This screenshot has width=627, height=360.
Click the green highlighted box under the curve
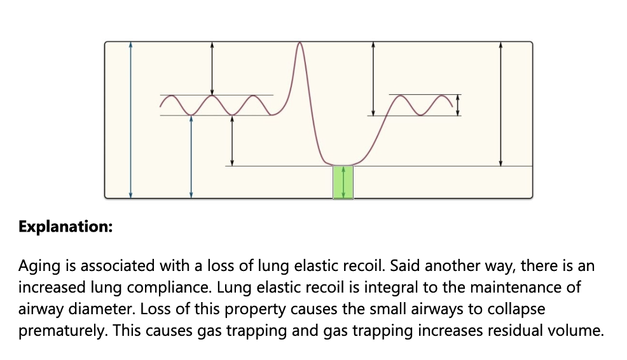pyautogui.click(x=343, y=182)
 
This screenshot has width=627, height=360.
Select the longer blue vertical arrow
pyautogui.click(x=130, y=119)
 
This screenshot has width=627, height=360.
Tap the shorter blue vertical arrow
pyautogui.click(x=191, y=156)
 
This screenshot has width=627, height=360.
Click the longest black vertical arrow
pyautogui.click(x=501, y=104)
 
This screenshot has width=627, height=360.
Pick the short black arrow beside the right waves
pyautogui.click(x=458, y=106)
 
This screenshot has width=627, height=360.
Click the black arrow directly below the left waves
pyautogui.click(x=232, y=141)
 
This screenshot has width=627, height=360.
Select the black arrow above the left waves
pyautogui.click(x=212, y=68)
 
